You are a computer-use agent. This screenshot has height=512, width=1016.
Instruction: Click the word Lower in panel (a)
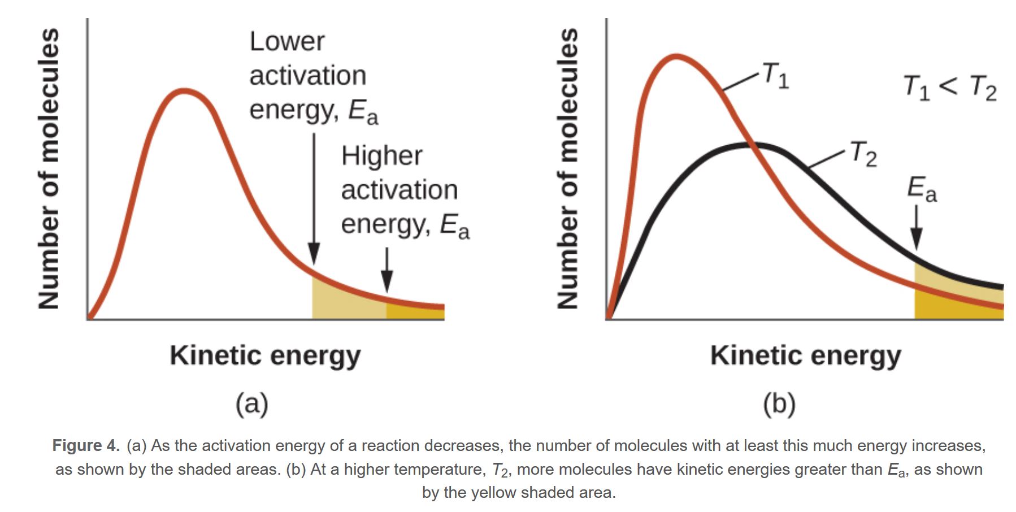coord(287,42)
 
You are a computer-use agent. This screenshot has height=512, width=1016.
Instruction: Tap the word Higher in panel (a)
coord(381,156)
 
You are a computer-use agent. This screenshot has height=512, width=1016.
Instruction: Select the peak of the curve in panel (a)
coord(184,90)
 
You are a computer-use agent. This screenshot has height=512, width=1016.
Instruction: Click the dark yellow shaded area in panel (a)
coord(415,312)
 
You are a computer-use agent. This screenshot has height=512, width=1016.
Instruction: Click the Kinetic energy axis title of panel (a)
coord(265,356)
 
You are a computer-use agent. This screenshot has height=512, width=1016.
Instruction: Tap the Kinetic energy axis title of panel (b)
coord(805,356)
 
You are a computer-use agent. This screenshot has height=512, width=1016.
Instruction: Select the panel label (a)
coord(251,404)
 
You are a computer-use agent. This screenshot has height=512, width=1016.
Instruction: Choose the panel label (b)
coord(779,404)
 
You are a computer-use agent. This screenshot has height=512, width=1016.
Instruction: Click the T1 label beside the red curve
coord(775,75)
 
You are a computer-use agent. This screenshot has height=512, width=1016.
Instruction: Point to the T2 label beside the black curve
coord(863,154)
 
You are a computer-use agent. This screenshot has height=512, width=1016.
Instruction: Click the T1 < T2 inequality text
coord(950,88)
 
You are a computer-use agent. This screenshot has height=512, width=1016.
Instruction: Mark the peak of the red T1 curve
coord(676,56)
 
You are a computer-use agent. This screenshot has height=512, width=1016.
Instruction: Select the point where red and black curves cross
coord(752,145)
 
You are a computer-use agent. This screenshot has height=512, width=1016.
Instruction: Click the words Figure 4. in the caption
coord(86,446)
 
